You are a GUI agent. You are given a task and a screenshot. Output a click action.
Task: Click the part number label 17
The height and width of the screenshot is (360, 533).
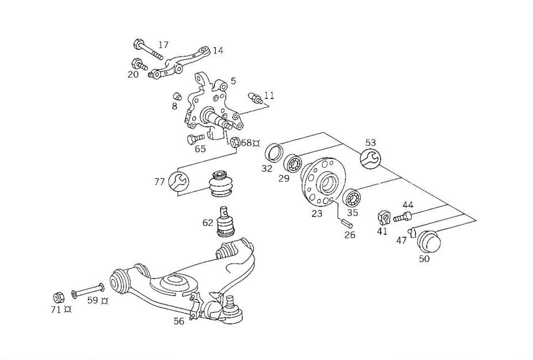point(163,45)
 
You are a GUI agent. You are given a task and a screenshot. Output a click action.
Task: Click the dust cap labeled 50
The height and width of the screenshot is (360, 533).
point(428,241)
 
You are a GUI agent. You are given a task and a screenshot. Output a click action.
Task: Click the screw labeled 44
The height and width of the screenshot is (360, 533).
point(403,217)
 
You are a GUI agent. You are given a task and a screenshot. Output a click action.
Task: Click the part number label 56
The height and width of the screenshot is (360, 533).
point(178,321)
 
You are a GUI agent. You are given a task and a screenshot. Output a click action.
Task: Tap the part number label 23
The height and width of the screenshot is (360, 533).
point(317,213)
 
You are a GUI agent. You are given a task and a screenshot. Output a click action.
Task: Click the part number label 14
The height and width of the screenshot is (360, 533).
point(218,50)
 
